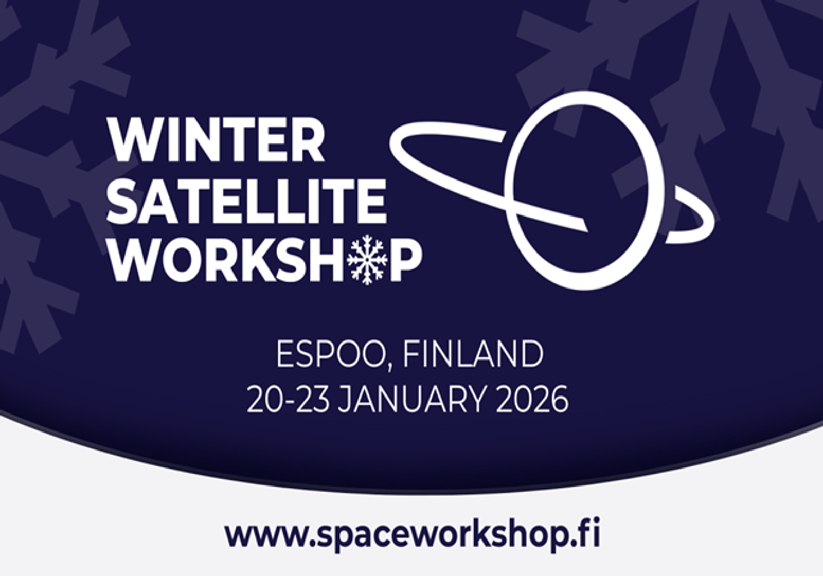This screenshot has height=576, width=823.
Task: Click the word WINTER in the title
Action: tap(216, 140)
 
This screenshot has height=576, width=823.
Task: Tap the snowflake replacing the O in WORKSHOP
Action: tap(367, 260)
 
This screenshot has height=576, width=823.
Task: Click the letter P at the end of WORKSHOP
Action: tap(406, 260)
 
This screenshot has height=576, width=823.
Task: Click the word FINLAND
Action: tap(473, 354)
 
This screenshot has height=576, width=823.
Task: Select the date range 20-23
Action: tap(289, 399)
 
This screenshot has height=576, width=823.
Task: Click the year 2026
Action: tap(532, 399)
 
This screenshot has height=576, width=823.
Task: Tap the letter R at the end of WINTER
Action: tap(309, 140)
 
